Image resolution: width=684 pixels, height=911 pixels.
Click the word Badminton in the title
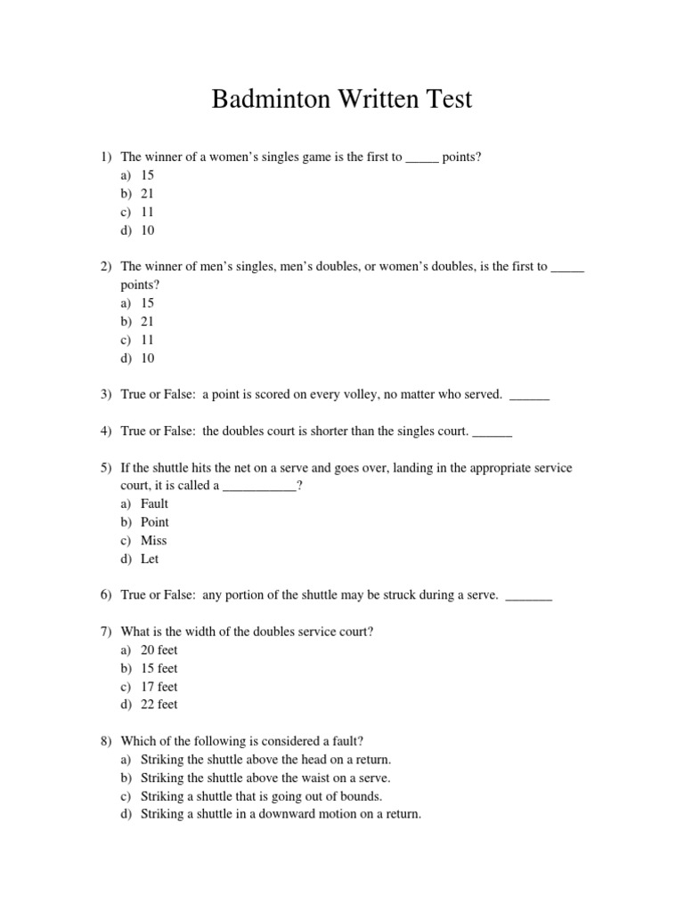(271, 100)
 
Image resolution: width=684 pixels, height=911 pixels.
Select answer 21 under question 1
(148, 193)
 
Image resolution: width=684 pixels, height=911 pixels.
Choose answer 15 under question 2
(148, 303)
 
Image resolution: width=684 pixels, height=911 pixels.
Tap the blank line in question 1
(422, 157)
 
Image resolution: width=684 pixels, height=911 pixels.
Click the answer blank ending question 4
(492, 431)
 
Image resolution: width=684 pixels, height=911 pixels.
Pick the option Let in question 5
(150, 560)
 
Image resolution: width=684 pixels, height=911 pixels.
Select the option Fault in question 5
(154, 504)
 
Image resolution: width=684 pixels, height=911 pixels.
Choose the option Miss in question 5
(153, 541)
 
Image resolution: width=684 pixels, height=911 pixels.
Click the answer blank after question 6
(528, 596)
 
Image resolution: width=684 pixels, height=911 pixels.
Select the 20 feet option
(159, 650)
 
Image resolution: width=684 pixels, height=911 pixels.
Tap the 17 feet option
(159, 687)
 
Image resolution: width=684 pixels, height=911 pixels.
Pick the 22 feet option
(159, 705)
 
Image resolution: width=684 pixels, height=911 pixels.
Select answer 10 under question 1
(148, 230)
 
